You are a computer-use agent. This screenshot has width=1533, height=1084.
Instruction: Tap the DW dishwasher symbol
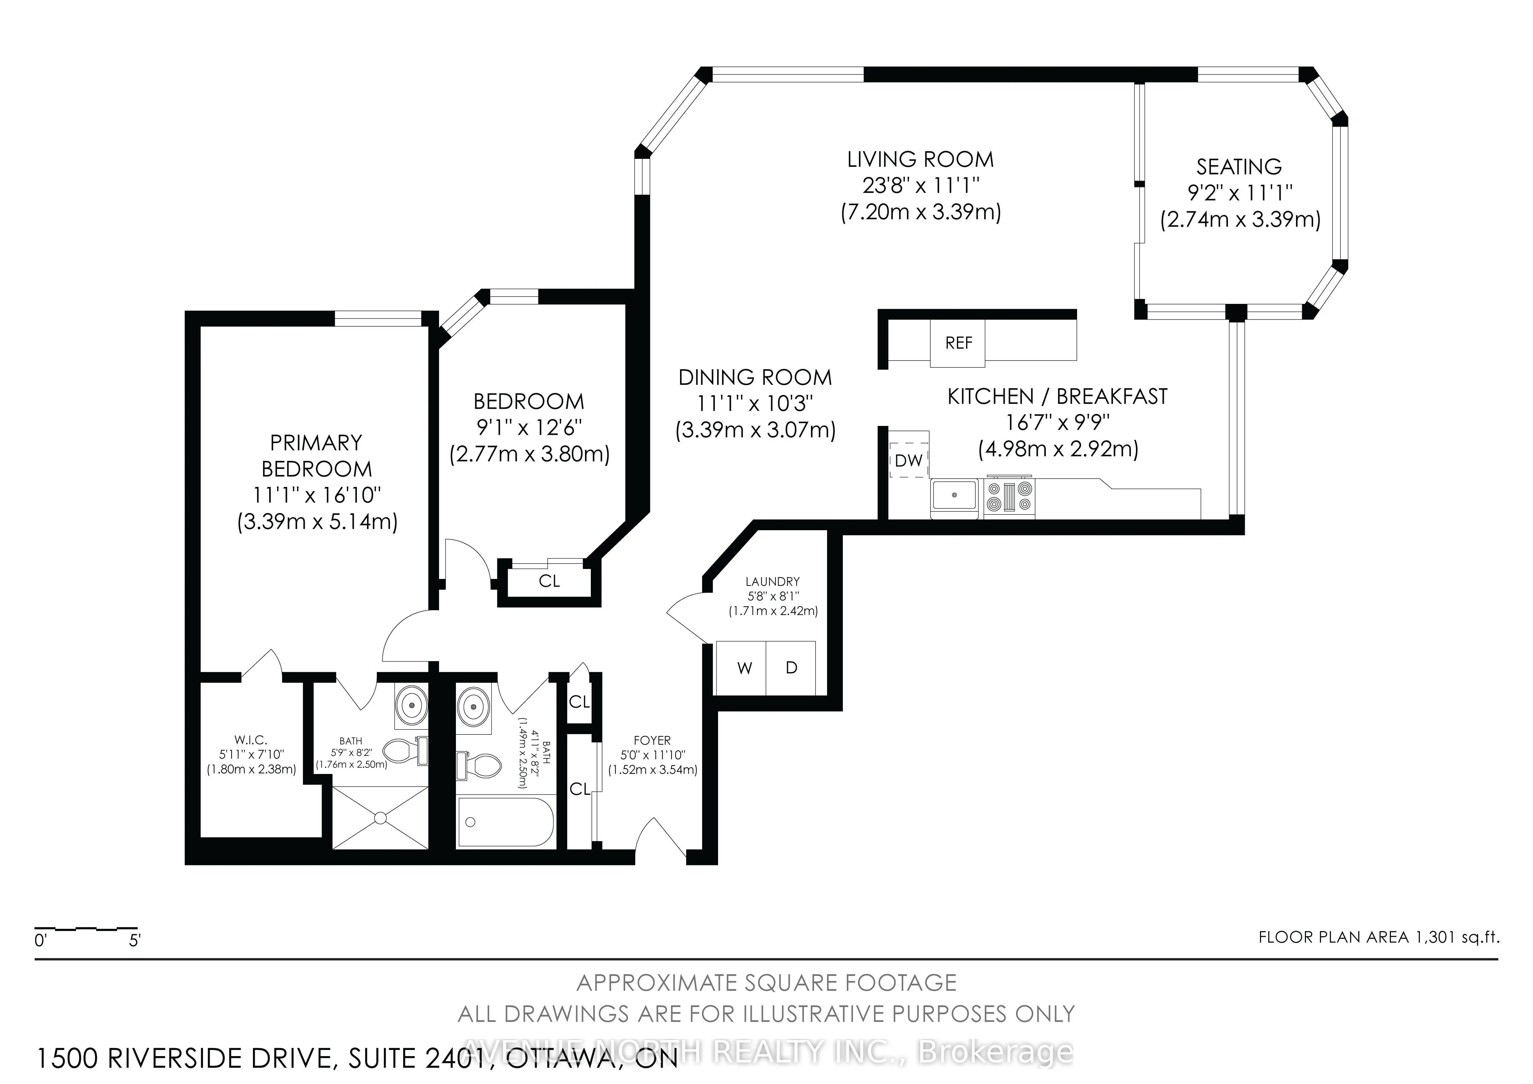click(908, 460)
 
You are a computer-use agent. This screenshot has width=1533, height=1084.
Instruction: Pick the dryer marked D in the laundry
click(791, 668)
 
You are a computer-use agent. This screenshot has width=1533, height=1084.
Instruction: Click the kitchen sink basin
click(954, 496)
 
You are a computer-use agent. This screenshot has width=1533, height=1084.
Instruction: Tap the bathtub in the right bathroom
click(506, 822)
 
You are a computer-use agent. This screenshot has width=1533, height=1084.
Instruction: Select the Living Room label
click(920, 160)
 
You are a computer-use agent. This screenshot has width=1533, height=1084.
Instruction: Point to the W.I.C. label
click(250, 740)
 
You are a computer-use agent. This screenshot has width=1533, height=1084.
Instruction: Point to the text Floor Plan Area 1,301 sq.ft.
click(1379, 937)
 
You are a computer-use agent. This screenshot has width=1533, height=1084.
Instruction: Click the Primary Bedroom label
click(316, 455)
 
